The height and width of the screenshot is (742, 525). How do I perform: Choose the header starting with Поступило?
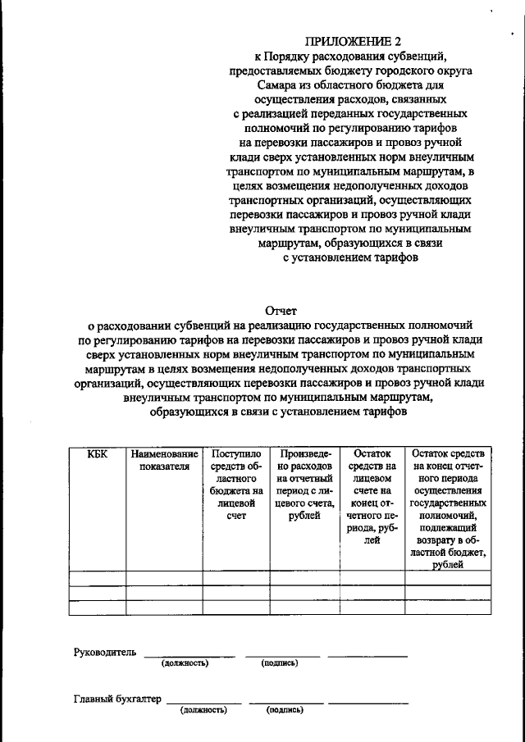coord(236,491)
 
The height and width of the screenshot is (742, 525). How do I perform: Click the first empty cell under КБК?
coord(97,577)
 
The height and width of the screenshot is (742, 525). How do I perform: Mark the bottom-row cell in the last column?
coord(448,607)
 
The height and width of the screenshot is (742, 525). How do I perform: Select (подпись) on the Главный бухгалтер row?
coord(284,710)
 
